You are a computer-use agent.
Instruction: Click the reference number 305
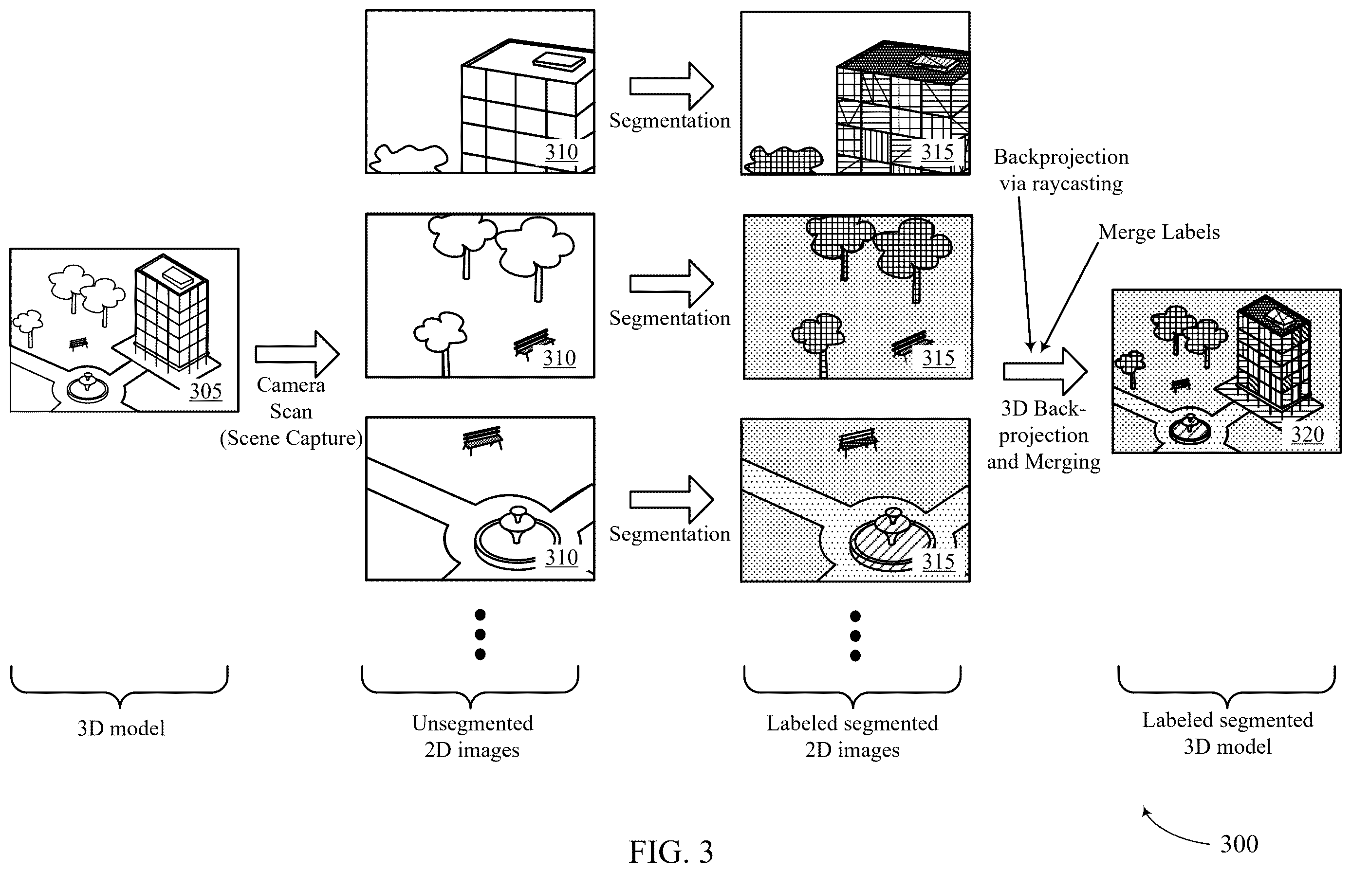tap(205, 391)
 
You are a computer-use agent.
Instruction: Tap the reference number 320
tap(1307, 435)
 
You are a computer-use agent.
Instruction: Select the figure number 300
tap(1239, 844)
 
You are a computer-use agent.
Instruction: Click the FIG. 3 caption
tap(671, 852)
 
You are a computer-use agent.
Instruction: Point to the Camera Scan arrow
tap(297, 354)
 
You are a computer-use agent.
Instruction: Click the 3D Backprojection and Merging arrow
tap(1045, 371)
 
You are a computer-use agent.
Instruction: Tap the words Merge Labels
tap(1159, 232)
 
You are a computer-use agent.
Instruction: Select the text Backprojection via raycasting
tap(1061, 170)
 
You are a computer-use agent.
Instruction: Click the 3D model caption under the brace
tap(121, 728)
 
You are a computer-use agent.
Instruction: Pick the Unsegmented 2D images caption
tap(472, 737)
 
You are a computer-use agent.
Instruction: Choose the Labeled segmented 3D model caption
tap(1227, 733)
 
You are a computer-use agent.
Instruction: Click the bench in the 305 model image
tap(79, 344)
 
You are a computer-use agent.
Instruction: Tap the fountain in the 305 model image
tap(87, 388)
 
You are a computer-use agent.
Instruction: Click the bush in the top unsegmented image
tap(408, 158)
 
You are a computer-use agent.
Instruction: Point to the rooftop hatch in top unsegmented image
tap(558, 61)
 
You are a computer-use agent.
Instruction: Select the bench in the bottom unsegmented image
tap(482, 439)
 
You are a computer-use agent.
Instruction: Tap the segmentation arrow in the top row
tap(672, 86)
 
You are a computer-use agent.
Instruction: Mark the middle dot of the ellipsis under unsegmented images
tap(481, 634)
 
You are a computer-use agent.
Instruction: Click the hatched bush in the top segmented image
tap(784, 160)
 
